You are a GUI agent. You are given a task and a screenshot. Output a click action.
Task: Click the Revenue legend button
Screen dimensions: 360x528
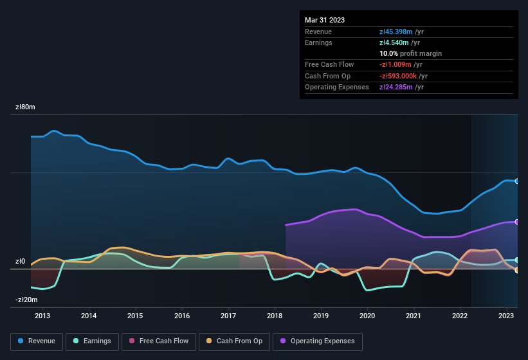(x=37, y=341)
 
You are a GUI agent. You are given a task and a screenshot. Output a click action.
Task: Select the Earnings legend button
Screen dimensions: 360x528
(x=93, y=341)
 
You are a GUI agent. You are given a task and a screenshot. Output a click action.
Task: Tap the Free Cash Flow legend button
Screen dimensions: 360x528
(x=159, y=341)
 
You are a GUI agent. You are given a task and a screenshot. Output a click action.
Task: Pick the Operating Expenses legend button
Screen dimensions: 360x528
(x=318, y=341)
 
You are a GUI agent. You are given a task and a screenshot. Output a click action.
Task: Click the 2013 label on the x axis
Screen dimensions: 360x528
(x=42, y=316)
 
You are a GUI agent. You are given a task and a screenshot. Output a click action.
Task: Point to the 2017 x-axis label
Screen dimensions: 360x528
(x=228, y=316)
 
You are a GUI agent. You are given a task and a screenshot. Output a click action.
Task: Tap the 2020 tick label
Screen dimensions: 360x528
(x=367, y=316)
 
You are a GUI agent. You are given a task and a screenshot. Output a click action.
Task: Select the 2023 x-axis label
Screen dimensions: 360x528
(x=507, y=316)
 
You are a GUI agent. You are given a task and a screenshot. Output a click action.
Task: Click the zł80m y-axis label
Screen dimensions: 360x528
(x=25, y=107)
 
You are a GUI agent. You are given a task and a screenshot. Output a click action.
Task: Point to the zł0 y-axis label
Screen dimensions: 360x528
(x=20, y=262)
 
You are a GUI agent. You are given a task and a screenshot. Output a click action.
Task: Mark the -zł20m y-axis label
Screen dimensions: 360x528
(x=26, y=300)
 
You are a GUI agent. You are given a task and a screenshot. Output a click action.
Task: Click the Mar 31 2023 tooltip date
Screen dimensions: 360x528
(x=325, y=20)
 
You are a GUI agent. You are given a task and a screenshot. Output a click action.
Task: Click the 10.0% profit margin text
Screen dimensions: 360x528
(x=410, y=53)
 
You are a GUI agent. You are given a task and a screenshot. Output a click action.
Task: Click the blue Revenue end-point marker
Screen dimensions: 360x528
(x=517, y=181)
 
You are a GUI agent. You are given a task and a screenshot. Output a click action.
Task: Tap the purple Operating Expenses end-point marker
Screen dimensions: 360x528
(x=517, y=222)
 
